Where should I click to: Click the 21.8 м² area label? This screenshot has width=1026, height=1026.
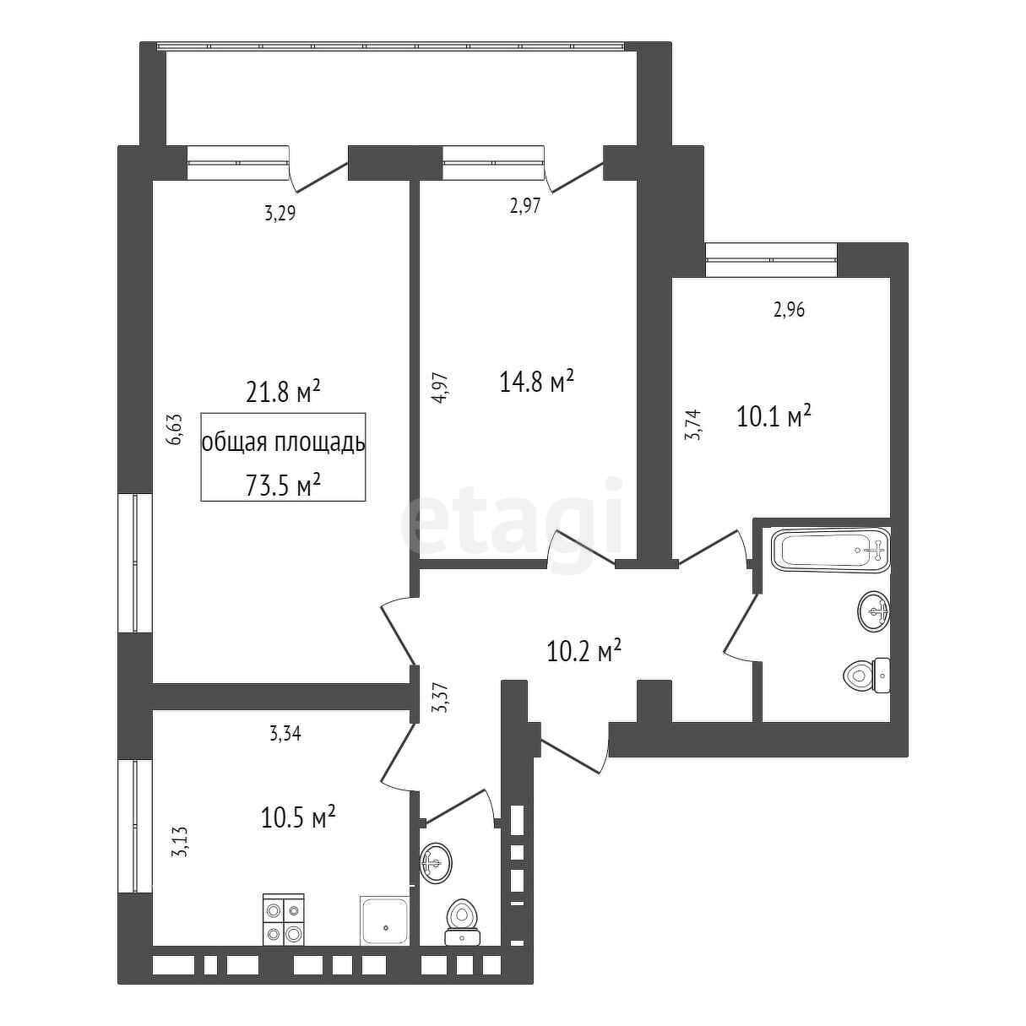point(283,392)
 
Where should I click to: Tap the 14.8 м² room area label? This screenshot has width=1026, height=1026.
point(537,381)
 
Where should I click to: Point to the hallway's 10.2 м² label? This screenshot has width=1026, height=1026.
point(584,650)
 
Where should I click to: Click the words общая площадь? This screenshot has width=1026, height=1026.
point(283,442)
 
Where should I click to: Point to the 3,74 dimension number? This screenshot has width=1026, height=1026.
point(695,425)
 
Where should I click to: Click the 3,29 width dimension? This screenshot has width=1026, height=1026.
point(280,214)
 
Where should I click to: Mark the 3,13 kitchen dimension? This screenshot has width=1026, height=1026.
point(179,856)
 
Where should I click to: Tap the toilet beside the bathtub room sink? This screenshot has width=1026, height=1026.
point(866,676)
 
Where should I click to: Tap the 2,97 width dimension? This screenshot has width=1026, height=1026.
point(525,206)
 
